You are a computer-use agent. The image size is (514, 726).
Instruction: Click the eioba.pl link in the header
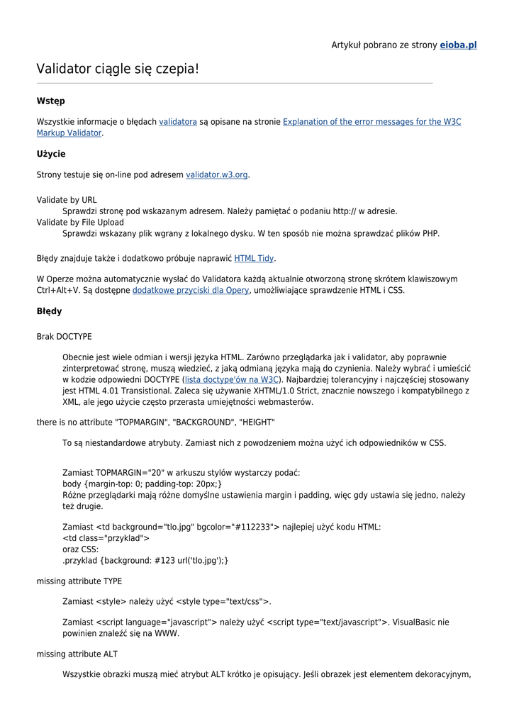point(458,45)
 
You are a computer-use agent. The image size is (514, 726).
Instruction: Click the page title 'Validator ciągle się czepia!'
point(118,69)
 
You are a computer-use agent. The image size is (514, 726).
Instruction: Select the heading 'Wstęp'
point(51,101)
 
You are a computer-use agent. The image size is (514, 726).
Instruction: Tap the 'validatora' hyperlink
point(178,122)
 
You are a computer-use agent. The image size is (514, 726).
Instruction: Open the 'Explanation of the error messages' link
point(371,122)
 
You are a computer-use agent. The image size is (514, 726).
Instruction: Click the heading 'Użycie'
point(51,154)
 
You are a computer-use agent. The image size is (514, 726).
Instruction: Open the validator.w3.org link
point(217,174)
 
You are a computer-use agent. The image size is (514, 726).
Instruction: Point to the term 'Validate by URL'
point(67,200)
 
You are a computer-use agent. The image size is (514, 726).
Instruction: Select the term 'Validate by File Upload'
point(80,222)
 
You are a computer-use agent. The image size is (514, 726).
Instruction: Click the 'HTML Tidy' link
point(254,259)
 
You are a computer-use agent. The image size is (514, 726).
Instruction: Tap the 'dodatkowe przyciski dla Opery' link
point(191,290)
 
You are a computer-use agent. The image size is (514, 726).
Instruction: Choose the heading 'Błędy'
point(50,311)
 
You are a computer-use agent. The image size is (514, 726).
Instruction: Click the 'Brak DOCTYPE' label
point(65,337)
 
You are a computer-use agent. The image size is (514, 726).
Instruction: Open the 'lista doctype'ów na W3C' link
point(231,379)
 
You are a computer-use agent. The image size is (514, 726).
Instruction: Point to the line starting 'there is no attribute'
point(156,423)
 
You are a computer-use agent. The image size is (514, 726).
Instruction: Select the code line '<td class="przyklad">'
point(106,538)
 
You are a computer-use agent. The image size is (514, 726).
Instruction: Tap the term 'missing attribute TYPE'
point(79,581)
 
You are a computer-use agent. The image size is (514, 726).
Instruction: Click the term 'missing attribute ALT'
point(77,654)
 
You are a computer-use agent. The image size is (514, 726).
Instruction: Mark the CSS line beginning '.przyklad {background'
point(145,560)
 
